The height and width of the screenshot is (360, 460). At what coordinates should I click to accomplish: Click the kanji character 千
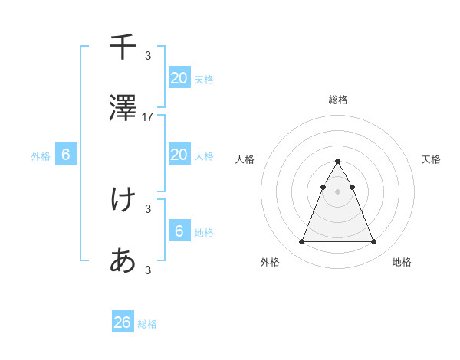click(x=123, y=47)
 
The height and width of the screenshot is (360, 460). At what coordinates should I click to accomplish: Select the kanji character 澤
click(x=123, y=109)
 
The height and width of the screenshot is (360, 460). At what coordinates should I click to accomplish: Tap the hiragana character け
click(x=123, y=200)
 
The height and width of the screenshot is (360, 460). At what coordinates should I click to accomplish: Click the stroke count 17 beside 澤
click(x=148, y=117)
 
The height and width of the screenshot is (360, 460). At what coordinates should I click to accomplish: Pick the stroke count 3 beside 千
click(x=148, y=55)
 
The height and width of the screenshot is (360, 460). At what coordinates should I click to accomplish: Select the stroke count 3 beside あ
click(x=148, y=270)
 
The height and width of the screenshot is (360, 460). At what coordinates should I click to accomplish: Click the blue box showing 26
click(x=123, y=322)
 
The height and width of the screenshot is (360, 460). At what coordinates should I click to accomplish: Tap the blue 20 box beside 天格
click(x=179, y=77)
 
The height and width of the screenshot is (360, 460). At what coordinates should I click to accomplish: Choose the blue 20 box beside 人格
click(x=179, y=155)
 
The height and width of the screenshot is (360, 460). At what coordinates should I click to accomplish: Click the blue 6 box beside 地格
click(x=179, y=231)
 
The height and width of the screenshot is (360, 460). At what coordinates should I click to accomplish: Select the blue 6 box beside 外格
click(x=66, y=155)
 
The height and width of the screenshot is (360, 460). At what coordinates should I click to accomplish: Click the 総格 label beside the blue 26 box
click(x=147, y=324)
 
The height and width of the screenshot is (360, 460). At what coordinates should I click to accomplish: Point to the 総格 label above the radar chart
click(x=338, y=100)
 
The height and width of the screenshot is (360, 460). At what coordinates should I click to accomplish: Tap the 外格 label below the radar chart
click(x=270, y=262)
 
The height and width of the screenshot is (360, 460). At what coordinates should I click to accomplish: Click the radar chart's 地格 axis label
click(x=402, y=262)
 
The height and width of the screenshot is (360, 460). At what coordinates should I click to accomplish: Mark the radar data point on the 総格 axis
click(x=338, y=161)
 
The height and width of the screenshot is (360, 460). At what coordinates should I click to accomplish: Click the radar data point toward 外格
click(x=301, y=242)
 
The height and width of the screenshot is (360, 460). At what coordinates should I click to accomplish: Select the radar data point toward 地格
click(x=374, y=242)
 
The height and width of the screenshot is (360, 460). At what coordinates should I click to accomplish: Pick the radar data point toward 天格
click(x=352, y=187)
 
